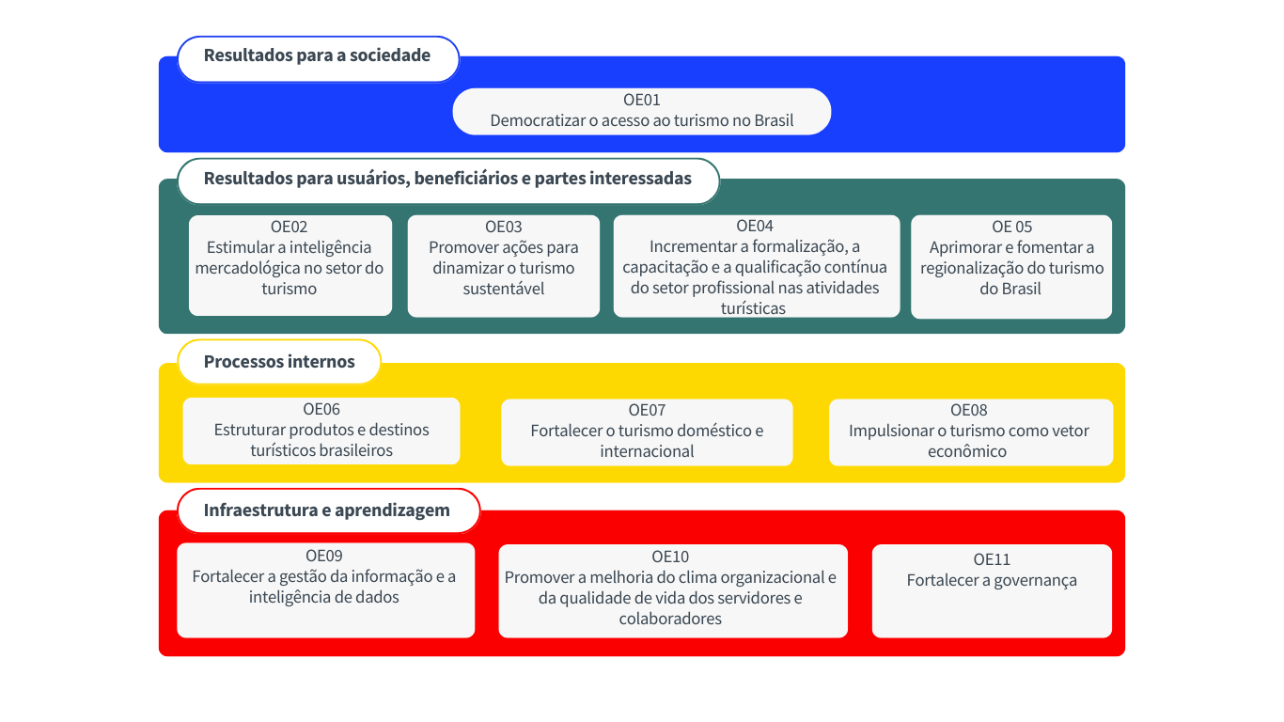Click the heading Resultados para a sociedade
tap(317, 55)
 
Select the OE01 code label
tap(642, 100)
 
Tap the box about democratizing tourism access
tap(642, 112)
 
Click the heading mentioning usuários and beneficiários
tap(447, 179)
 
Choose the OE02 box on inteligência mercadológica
tap(290, 266)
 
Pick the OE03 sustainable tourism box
tap(503, 266)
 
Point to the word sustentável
tap(503, 289)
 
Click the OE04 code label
tap(755, 226)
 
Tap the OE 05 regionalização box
tap(1011, 268)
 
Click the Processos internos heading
tap(279, 362)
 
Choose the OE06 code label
tap(321, 409)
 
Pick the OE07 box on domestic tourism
tap(647, 432)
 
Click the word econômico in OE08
tap(968, 451)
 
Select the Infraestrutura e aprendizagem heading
tap(327, 510)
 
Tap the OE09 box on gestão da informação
tap(325, 590)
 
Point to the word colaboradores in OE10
tap(670, 619)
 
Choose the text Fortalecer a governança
tap(992, 581)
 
